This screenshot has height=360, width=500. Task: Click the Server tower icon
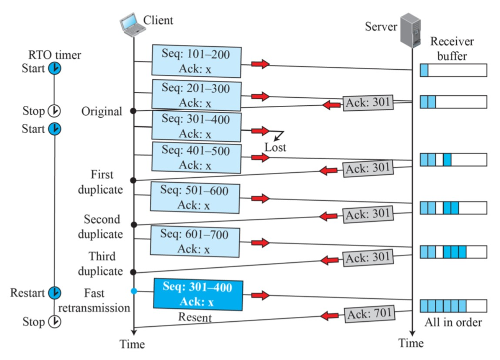410,30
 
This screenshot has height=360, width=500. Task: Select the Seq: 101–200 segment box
196,61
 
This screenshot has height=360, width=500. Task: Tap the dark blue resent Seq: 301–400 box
198,295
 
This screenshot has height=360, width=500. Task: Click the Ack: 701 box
370,314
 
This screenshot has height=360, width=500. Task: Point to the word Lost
275,147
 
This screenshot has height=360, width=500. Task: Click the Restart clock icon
55,293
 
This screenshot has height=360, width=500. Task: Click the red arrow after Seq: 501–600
260,198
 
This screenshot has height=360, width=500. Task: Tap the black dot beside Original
133,111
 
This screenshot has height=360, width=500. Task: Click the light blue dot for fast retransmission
134,291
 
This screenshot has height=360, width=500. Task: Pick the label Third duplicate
101,264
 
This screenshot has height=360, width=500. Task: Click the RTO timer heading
55,55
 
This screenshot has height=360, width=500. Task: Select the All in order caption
453,322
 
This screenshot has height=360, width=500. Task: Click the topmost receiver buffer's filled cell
424,70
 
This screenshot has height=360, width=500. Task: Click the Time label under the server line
411,343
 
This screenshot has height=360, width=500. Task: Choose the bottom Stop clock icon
55,322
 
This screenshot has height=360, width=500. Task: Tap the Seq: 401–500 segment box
196,158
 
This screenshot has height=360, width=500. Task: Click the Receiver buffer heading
452,49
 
